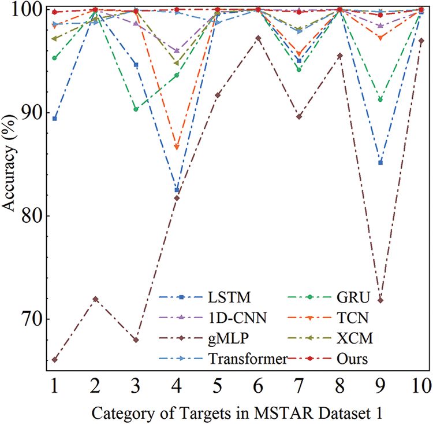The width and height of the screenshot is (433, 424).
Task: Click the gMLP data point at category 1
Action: point(54,360)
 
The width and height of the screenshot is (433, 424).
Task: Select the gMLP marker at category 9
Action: point(380,300)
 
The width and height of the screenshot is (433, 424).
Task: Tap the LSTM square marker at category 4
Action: point(177,190)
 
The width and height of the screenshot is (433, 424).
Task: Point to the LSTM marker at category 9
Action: point(380,163)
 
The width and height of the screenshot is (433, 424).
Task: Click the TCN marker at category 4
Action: point(177,148)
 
